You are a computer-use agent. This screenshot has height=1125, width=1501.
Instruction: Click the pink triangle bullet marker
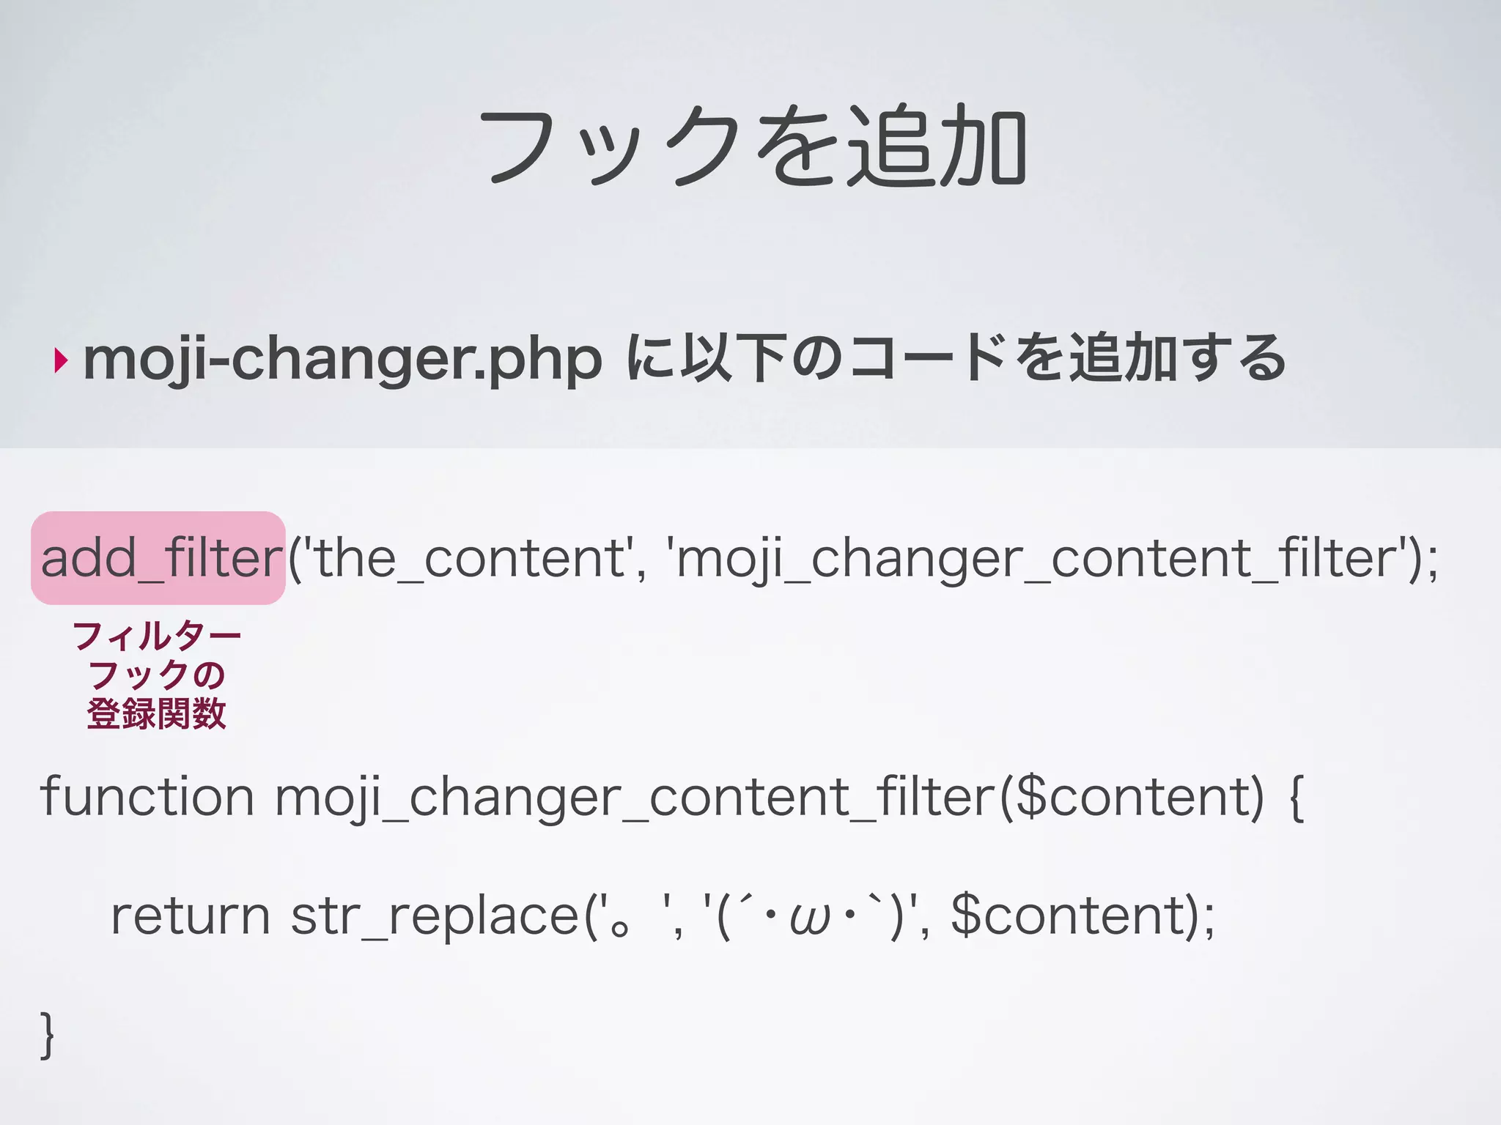tap(61, 360)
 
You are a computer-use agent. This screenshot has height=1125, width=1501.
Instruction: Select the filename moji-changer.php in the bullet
tap(342, 359)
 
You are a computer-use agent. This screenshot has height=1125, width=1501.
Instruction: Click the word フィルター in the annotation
tap(157, 636)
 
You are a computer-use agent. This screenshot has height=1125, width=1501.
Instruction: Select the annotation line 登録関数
tap(157, 713)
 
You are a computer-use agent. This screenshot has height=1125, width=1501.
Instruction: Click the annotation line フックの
tap(157, 675)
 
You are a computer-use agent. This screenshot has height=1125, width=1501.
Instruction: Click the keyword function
tap(147, 796)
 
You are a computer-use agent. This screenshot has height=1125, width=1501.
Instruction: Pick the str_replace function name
tap(435, 918)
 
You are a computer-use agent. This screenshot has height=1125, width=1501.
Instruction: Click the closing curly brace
tap(47, 1034)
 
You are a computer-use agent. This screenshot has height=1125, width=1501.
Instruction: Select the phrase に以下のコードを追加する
tap(956, 359)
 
